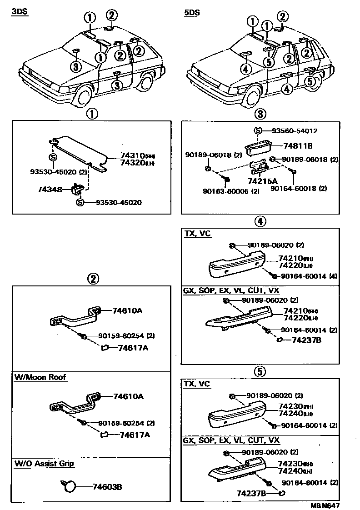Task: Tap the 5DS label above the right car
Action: pyautogui.click(x=191, y=13)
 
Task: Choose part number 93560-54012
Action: pyautogui.click(x=294, y=131)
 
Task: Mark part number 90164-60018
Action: pyautogui.click(x=291, y=188)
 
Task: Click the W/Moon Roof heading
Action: pyautogui.click(x=40, y=377)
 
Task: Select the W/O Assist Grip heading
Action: pyautogui.click(x=44, y=464)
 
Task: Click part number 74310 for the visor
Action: pyautogui.click(x=131, y=155)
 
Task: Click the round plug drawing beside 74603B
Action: pyautogui.click(x=70, y=487)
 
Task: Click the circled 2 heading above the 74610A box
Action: pyautogui.click(x=93, y=279)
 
